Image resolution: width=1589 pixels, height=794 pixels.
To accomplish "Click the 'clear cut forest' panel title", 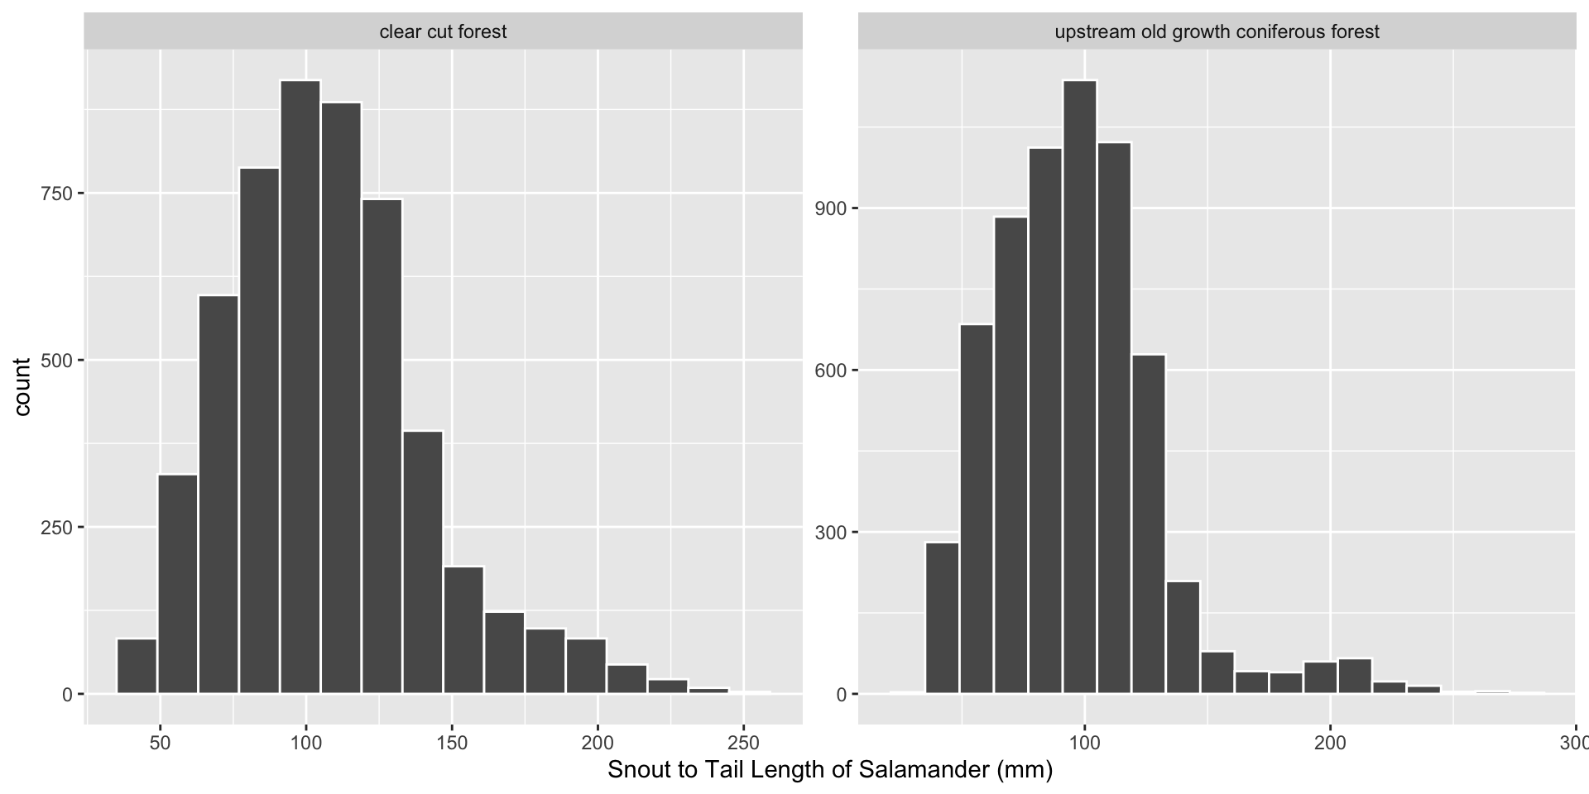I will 443,32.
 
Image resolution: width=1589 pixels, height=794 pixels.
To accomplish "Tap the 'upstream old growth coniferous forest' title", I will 1217,32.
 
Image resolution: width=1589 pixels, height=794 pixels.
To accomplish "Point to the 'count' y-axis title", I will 22,387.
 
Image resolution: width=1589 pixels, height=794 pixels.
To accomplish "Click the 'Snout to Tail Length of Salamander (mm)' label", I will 830,770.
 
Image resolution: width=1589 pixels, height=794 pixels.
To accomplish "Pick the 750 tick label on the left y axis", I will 56,193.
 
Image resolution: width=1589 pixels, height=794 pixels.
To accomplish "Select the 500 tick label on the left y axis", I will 56,360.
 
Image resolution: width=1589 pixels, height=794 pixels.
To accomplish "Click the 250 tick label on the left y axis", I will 56,527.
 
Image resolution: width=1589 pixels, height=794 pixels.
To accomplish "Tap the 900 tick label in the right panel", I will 830,208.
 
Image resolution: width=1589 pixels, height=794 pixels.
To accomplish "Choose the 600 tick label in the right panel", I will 830,370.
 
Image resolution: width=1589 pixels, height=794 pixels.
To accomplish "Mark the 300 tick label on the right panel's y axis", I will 830,532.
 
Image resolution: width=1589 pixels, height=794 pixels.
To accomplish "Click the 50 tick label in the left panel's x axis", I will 161,742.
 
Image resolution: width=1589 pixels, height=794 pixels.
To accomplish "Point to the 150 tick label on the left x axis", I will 452,742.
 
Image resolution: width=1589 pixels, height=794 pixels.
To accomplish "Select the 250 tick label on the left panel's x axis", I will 743,742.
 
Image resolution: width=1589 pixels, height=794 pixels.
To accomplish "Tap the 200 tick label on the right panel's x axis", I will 1330,742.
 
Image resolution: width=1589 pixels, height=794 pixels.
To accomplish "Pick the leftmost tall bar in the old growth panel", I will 942,618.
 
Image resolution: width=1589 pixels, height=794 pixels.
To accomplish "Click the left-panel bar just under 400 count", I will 423,562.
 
